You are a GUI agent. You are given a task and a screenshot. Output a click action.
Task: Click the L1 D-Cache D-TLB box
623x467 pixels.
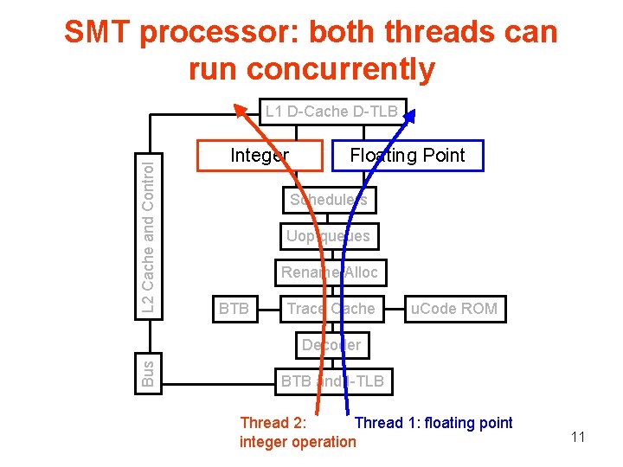331,112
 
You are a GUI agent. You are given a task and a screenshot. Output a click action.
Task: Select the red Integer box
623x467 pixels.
259,156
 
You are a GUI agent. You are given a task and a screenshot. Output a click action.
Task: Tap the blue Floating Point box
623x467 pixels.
407,156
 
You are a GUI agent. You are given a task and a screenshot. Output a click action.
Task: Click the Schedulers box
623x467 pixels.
328,200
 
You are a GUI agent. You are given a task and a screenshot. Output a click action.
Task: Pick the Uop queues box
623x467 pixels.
328,236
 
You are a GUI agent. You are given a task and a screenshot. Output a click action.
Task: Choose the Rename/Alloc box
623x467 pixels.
329,272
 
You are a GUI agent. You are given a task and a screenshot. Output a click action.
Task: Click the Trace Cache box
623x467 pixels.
331,309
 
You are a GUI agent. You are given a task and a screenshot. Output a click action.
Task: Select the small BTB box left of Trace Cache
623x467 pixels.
234,309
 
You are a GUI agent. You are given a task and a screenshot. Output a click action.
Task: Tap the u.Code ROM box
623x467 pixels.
454,309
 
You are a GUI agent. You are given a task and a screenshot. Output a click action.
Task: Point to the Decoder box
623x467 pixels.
331,345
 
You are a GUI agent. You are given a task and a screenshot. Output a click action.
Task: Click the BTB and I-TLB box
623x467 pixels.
331,381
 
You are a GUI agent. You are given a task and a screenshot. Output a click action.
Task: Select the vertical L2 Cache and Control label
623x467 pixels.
149,233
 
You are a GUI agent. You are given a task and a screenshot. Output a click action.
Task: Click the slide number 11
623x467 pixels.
578,438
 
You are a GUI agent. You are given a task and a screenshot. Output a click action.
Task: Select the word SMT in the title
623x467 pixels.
97,33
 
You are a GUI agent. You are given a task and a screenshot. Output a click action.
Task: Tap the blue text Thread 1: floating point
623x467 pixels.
434,423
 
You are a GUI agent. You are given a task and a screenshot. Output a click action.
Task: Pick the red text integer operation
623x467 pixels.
297,442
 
